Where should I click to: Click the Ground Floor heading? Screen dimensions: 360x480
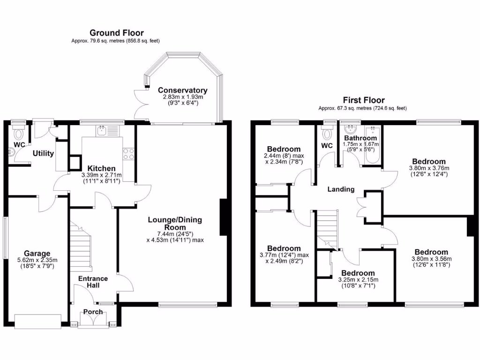click(116, 33)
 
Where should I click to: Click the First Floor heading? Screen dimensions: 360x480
click(363, 100)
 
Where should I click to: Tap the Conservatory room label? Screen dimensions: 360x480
click(182, 90)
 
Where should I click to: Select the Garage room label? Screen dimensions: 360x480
click(37, 254)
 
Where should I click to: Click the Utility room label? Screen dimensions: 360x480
click(43, 153)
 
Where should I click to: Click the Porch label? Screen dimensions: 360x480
click(93, 312)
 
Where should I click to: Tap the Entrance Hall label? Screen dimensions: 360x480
click(93, 282)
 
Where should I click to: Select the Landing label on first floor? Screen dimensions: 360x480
click(341, 189)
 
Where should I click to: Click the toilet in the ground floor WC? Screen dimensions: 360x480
click(19, 134)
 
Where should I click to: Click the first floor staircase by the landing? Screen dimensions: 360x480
click(328, 227)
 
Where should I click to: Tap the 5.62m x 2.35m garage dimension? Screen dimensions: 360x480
click(37, 263)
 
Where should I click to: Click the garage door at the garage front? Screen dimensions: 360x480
click(38, 322)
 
